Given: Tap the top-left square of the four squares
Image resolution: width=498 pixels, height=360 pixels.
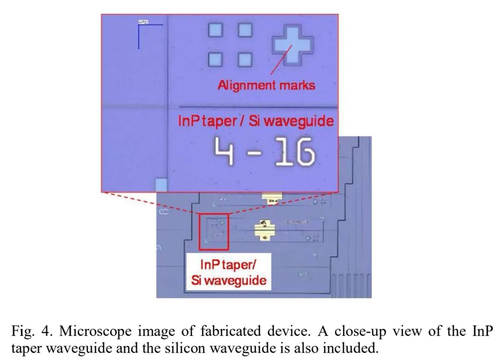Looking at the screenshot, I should click(215, 30).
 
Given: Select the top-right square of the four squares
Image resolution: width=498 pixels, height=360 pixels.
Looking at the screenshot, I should click(245, 30).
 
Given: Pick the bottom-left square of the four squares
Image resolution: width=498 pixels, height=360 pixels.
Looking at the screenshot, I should click(215, 60).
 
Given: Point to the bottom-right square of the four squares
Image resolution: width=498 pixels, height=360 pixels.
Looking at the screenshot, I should click(245, 60).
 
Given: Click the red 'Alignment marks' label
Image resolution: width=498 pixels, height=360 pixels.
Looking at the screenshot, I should click(267, 85).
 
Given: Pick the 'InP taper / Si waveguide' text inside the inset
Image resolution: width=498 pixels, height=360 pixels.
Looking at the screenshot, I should click(256, 121).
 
